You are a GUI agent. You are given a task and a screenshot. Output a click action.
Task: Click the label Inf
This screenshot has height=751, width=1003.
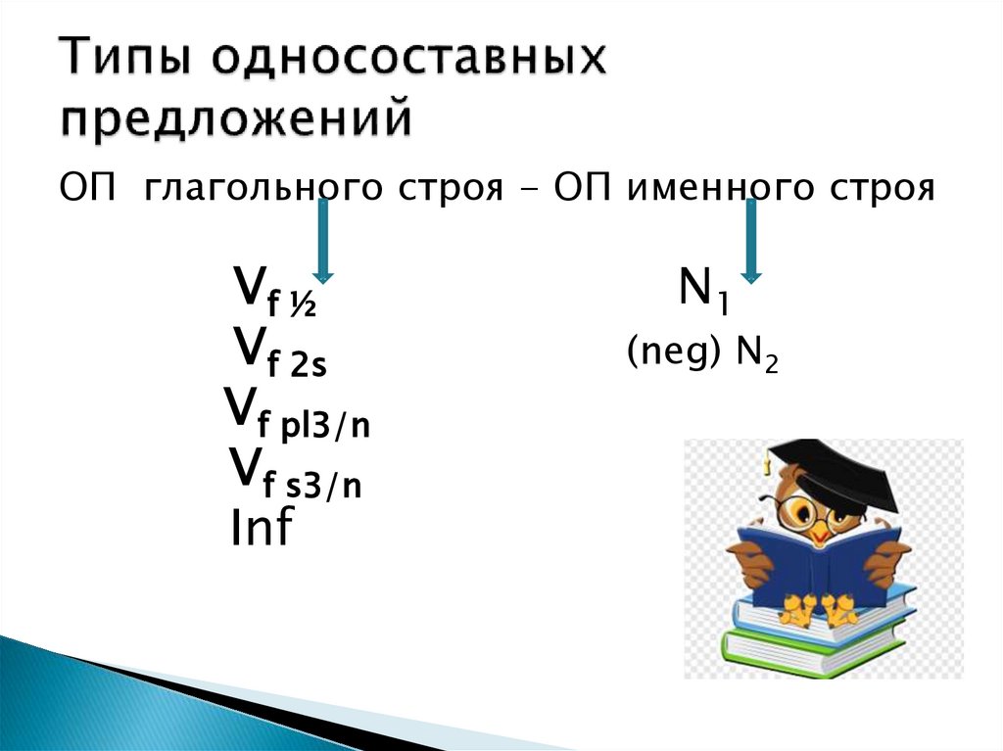pyautogui.click(x=262, y=529)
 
